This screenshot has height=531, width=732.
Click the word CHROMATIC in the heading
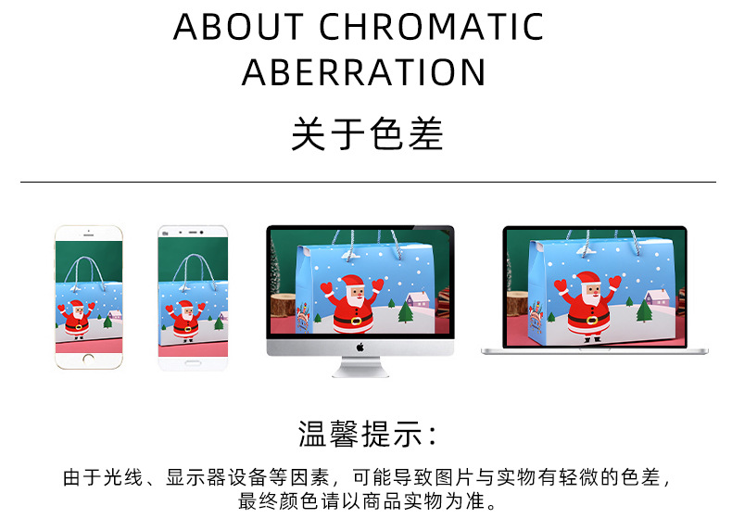point(431,28)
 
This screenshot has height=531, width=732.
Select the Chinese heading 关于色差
point(366,134)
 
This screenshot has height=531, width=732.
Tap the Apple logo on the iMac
point(360,348)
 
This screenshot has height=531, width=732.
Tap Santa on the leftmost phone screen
point(76,316)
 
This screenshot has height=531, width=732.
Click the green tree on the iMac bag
point(406,312)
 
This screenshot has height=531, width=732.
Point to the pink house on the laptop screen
point(657,298)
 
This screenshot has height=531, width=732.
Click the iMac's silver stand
point(360,367)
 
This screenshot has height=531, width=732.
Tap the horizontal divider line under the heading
point(366,183)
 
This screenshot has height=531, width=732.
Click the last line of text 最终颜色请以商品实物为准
point(366,503)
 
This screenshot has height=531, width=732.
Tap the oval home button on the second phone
point(192,360)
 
